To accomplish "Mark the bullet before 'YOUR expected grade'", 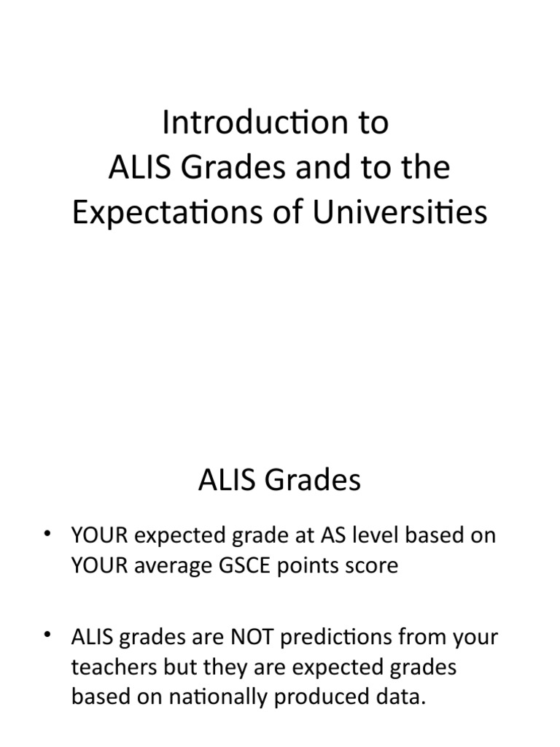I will pyautogui.click(x=49, y=536).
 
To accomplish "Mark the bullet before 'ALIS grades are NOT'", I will pyautogui.click(x=49, y=636).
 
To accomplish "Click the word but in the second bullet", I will pyautogui.click(x=171, y=667).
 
